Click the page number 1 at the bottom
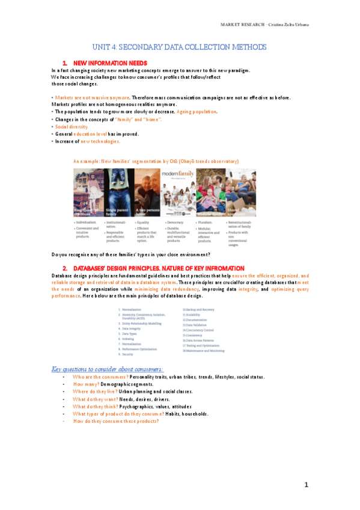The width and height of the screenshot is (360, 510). (305, 485)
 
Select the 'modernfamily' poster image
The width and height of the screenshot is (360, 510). (177, 192)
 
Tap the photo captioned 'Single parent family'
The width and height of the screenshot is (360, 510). (118, 192)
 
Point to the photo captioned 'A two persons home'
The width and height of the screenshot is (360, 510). (147, 192)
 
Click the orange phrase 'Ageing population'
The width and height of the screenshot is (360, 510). (198, 112)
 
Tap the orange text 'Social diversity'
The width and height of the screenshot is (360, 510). (72, 127)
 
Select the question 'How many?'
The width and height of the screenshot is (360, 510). (86, 384)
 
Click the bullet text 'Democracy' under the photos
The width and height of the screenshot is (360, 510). (176, 223)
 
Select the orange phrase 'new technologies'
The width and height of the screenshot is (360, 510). (100, 141)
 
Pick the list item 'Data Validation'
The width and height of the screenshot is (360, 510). (195, 325)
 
